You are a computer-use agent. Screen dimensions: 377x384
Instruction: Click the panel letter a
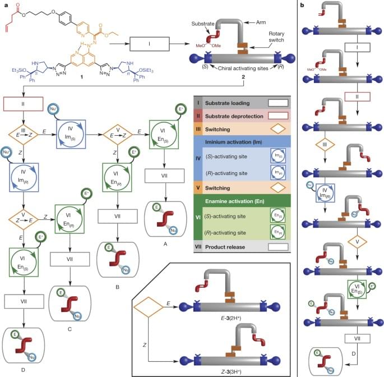pyautogui.click(x=4, y=4)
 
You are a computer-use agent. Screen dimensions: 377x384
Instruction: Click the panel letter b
pyautogui.click(x=303, y=4)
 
